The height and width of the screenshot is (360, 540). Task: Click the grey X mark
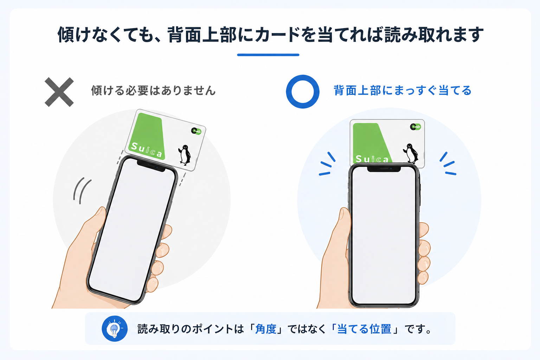pos(59,92)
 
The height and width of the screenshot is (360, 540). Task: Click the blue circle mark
pos(303,92)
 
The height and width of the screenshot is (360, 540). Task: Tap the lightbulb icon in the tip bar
pos(114,329)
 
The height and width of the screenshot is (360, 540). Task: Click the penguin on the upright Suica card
pos(411,153)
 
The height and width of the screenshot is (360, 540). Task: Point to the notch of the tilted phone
pos(151,165)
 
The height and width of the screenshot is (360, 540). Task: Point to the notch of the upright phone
pos(384,169)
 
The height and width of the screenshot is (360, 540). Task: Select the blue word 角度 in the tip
pos(266,329)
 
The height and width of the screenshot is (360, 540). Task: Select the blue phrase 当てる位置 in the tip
pos(364,329)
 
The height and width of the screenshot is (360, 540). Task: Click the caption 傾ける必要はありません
pos(153,91)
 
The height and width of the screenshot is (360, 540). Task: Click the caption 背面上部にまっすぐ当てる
pos(403,91)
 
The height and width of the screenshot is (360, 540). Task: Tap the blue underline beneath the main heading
pos(268,55)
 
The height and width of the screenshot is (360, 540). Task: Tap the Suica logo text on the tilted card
pos(146,150)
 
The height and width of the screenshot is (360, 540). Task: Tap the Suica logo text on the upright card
pos(372,159)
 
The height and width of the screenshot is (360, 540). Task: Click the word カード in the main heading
pos(278,35)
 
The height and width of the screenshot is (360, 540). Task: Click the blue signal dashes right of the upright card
pos(448,164)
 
